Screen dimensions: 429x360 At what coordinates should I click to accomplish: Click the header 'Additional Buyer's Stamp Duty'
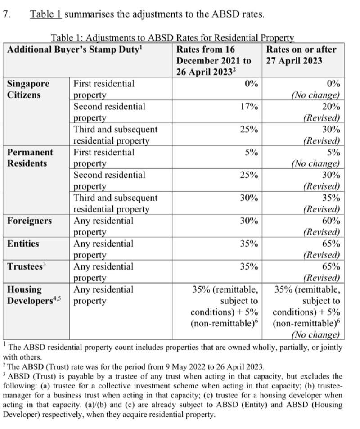coord(74,50)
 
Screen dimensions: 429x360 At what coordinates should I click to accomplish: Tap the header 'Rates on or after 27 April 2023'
coord(301,55)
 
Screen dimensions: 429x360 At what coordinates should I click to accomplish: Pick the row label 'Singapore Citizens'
coord(28,89)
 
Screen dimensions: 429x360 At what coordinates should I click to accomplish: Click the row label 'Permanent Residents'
coord(30,158)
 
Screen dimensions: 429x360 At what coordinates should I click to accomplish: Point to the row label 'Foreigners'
coord(29,221)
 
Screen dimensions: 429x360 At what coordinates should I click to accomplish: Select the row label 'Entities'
coord(23,244)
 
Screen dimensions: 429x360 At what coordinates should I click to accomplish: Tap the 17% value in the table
coord(249,107)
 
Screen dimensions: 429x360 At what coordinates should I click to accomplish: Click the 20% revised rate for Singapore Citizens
coord(332,107)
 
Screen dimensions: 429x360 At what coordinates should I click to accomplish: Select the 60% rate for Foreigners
coord(332,221)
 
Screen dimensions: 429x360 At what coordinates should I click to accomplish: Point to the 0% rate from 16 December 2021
coord(252,84)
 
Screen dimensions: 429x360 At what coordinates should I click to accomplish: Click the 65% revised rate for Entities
coord(332,244)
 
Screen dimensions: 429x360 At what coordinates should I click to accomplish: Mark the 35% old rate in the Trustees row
coord(249,266)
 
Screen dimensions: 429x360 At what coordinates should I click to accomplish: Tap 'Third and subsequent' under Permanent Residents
coord(116,198)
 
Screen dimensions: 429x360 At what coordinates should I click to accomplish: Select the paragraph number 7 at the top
coord(5,14)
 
